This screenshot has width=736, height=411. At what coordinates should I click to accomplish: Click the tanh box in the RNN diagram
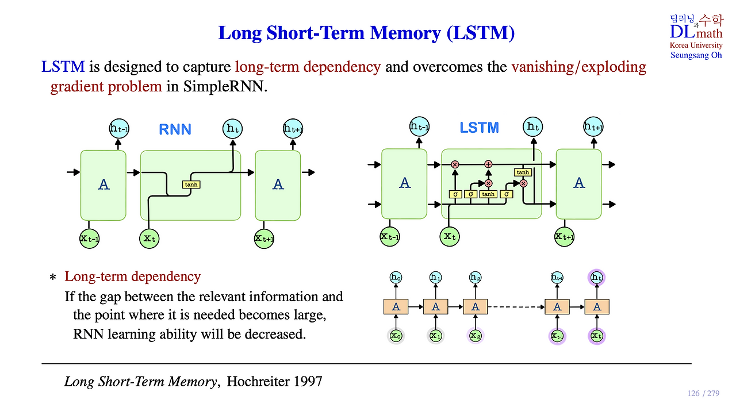191,185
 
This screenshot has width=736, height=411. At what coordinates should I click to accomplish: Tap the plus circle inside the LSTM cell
488,164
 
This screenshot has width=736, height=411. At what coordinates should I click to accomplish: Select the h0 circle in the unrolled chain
396,277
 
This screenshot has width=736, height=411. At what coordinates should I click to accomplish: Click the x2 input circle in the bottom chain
475,336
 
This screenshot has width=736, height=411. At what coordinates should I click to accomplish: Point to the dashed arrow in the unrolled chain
516,307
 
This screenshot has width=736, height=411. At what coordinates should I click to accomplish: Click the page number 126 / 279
703,393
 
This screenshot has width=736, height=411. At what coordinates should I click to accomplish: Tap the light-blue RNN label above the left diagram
175,129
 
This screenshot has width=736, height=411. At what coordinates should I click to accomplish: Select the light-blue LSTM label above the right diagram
479,128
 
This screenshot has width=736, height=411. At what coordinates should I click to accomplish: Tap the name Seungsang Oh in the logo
696,55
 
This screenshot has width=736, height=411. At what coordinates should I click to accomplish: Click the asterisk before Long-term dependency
52,278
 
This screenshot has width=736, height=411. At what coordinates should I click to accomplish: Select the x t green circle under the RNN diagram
149,238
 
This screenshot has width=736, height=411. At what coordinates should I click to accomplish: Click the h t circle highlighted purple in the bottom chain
597,278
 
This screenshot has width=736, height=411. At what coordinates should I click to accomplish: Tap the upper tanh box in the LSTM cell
523,172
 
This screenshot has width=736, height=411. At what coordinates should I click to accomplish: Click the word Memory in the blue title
405,33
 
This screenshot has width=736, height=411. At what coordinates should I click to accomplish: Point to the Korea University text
696,45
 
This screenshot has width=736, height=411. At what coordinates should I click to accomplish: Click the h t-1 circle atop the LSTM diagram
419,126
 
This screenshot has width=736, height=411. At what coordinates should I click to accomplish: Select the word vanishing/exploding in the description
578,67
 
